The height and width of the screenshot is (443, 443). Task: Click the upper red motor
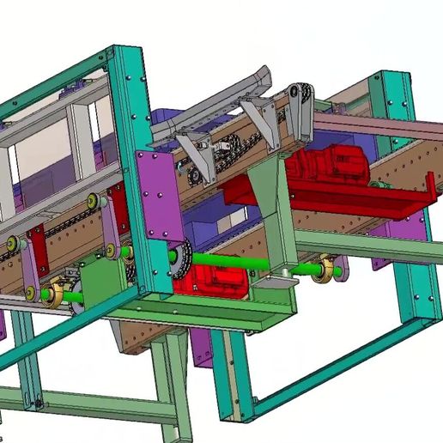click(331, 166)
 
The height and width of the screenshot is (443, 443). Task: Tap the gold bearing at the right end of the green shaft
click(325, 270)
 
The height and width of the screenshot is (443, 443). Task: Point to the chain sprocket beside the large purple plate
click(181, 258)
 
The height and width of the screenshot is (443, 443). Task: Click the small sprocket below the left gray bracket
click(196, 177)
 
